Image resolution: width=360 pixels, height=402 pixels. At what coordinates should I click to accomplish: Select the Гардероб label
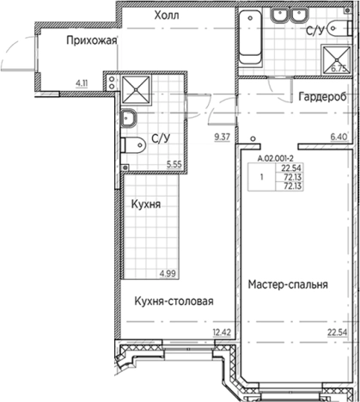coord(322,98)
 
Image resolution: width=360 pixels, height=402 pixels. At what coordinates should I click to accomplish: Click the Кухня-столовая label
coord(173,301)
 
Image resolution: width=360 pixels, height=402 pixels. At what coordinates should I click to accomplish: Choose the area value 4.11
coord(83,82)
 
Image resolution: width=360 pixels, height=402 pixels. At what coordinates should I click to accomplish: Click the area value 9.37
coord(223,136)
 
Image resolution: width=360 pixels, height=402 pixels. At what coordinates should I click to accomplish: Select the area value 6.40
coord(338,136)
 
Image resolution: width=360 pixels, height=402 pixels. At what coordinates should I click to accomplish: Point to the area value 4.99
coord(170,273)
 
